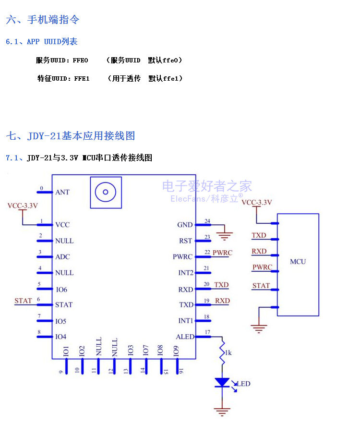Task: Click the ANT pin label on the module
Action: [x=62, y=192]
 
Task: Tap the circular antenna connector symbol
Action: [x=106, y=193]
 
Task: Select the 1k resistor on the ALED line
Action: [x=223, y=353]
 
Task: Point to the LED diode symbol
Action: [x=222, y=383]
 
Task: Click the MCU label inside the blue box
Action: [x=298, y=262]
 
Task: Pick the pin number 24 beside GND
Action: [x=207, y=221]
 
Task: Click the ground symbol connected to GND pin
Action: [x=224, y=235]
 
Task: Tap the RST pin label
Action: [x=185, y=241]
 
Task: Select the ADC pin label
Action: [x=62, y=257]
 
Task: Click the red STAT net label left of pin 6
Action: [x=23, y=301]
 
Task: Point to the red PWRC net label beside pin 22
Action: [x=222, y=253]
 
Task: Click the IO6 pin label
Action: [x=61, y=290]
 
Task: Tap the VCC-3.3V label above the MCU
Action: [x=257, y=203]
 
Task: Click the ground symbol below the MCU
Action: [x=259, y=328]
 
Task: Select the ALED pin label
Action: [x=185, y=337]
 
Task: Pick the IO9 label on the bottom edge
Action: [x=176, y=350]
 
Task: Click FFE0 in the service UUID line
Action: [x=81, y=61]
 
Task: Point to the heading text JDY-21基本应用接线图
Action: [x=81, y=136]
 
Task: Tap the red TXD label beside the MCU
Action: [x=259, y=236]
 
